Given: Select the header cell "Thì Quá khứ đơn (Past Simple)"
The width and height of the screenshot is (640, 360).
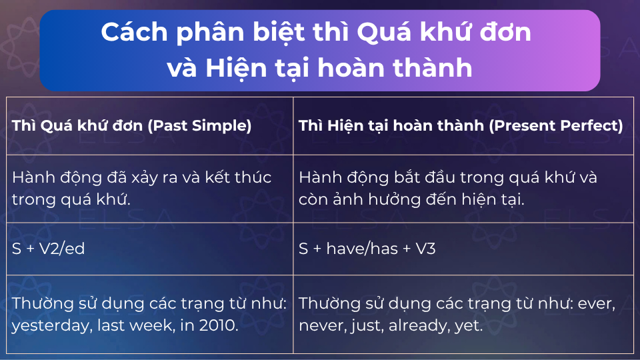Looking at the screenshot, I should [132, 126].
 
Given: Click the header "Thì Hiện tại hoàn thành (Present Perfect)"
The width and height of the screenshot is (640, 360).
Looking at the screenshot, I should [461, 126].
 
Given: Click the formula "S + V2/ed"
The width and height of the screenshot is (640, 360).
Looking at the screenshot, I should [48, 248].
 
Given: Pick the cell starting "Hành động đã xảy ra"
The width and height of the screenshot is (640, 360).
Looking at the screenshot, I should [143, 188].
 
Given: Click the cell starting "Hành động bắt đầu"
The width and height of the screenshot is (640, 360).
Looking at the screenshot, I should [448, 188].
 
